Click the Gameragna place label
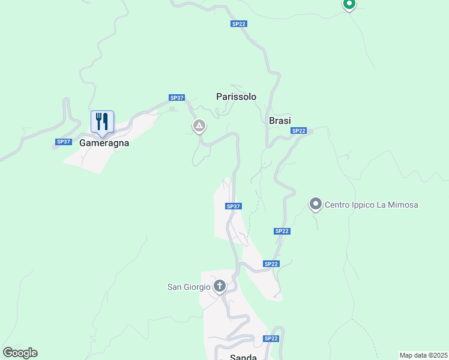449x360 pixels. pyautogui.click(x=104, y=143)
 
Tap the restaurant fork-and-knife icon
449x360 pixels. pyautogui.click(x=102, y=121)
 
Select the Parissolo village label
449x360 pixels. pyautogui.click(x=236, y=97)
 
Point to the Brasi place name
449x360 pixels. pyautogui.click(x=280, y=121)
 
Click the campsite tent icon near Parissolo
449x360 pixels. pyautogui.click(x=199, y=126)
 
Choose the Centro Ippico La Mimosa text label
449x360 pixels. pyautogui.click(x=371, y=205)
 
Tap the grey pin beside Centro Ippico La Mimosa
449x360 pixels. pyautogui.click(x=316, y=205)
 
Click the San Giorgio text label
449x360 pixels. pyautogui.click(x=188, y=287)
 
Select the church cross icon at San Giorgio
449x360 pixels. pyautogui.click(x=220, y=286)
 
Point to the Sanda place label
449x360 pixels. pyautogui.click(x=243, y=357)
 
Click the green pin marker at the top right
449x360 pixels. pyautogui.click(x=349, y=4)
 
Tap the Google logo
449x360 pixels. pyautogui.click(x=20, y=352)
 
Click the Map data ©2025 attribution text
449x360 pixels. pyautogui.click(x=423, y=355)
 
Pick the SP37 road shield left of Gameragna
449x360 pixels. pyautogui.click(x=64, y=142)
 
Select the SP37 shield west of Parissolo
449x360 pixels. pyautogui.click(x=177, y=98)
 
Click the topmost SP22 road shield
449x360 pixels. pyautogui.click(x=238, y=24)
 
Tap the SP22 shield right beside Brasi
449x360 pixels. pyautogui.click(x=298, y=131)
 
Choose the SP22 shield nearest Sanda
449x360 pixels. pyautogui.click(x=271, y=338)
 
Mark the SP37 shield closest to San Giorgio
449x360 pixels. pyautogui.click(x=234, y=206)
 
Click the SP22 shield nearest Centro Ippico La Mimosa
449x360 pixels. pyautogui.click(x=282, y=231)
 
